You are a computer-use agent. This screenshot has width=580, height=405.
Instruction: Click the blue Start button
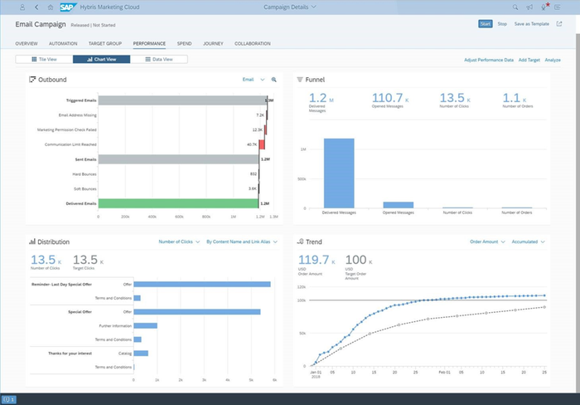pyautogui.click(x=485, y=23)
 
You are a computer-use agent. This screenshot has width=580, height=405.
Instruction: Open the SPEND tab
pyautogui.click(x=184, y=42)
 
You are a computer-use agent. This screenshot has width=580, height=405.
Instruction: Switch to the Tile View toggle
pyautogui.click(x=44, y=60)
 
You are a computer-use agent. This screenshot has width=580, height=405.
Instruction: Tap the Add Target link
pyautogui.click(x=529, y=61)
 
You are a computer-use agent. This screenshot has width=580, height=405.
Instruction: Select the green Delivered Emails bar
pyautogui.click(x=179, y=203)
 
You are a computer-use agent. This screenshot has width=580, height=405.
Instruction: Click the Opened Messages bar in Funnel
pyautogui.click(x=398, y=204)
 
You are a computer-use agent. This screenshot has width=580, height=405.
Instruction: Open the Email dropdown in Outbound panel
pyautogui.click(x=254, y=80)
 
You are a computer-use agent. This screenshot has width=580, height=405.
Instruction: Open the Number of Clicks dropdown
pyautogui.click(x=179, y=242)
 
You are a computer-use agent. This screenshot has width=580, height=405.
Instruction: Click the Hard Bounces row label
pyautogui.click(x=83, y=173)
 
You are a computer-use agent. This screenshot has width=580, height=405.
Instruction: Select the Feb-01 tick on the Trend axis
pyautogui.click(x=444, y=373)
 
